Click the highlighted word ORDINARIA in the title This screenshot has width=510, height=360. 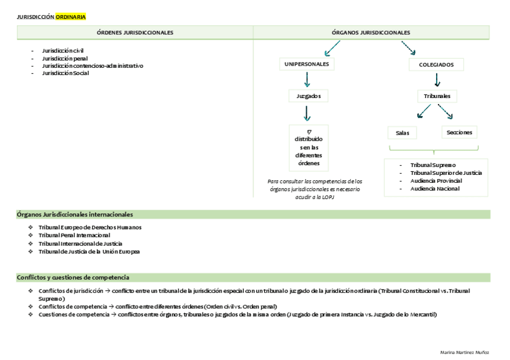(x=70, y=17)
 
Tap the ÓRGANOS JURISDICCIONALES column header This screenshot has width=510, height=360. (x=371, y=32)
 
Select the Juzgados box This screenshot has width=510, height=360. (x=308, y=96)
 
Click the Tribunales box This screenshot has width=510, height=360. (x=437, y=96)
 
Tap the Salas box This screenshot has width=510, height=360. (x=402, y=133)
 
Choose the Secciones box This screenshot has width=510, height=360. (x=459, y=132)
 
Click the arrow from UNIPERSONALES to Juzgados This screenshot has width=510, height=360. (x=307, y=79)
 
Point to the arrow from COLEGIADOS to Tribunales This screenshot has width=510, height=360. (x=437, y=80)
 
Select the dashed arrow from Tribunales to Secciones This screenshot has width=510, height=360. (x=446, y=112)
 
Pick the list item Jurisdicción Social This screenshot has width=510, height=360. (x=65, y=73)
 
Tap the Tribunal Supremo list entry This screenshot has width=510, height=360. (x=432, y=165)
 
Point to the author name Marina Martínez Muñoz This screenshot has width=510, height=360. (x=465, y=352)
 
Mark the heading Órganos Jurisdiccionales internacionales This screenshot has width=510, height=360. (x=75, y=214)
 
